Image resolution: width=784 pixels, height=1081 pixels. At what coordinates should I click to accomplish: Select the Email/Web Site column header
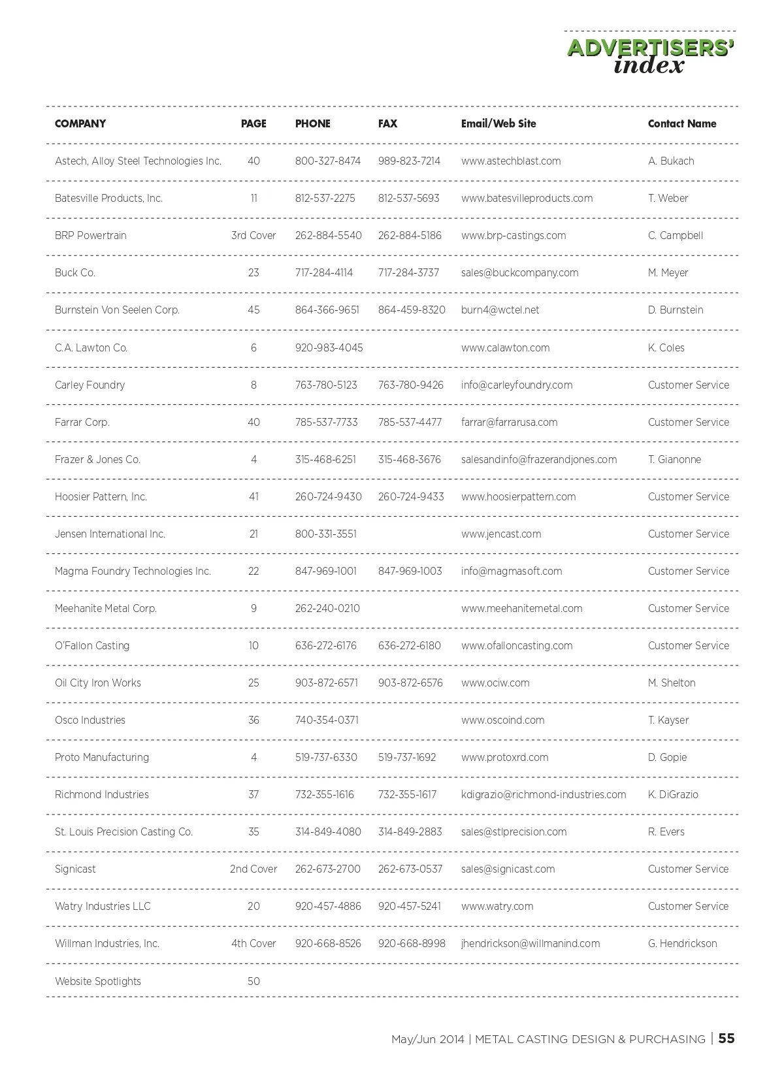(x=498, y=123)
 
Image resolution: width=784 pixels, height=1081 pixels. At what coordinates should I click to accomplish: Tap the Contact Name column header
(x=681, y=123)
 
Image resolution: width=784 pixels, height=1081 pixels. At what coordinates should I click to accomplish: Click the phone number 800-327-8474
(x=327, y=161)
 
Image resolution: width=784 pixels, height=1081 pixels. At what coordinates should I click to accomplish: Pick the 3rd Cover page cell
(x=253, y=235)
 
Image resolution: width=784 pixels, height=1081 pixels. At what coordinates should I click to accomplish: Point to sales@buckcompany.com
(x=519, y=272)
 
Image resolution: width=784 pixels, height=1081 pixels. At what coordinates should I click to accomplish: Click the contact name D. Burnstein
(x=675, y=310)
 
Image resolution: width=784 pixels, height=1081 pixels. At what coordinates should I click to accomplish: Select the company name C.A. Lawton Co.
(x=91, y=347)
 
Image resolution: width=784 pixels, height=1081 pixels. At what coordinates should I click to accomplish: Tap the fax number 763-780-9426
(x=410, y=385)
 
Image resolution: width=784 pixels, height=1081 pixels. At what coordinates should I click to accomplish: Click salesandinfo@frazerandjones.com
(x=538, y=459)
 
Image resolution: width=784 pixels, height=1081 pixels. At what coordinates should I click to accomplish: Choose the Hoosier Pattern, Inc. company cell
(x=101, y=496)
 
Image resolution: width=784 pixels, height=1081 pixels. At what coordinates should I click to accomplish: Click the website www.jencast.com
(x=500, y=534)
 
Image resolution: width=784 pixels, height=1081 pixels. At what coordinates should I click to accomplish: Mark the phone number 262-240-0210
(x=327, y=608)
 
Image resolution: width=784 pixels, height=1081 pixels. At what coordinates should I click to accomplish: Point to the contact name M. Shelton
(x=671, y=683)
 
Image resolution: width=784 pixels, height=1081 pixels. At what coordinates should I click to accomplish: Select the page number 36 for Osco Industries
(x=253, y=720)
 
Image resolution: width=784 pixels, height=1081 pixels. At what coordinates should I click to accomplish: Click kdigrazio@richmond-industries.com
(x=543, y=794)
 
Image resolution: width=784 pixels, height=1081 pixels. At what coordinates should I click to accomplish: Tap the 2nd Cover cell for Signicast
(x=253, y=869)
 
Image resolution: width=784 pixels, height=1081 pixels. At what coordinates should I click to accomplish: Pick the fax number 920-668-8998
(x=411, y=943)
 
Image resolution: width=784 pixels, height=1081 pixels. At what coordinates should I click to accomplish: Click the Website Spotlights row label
(x=97, y=981)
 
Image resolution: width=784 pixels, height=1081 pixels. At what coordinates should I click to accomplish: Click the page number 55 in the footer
(x=727, y=1039)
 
